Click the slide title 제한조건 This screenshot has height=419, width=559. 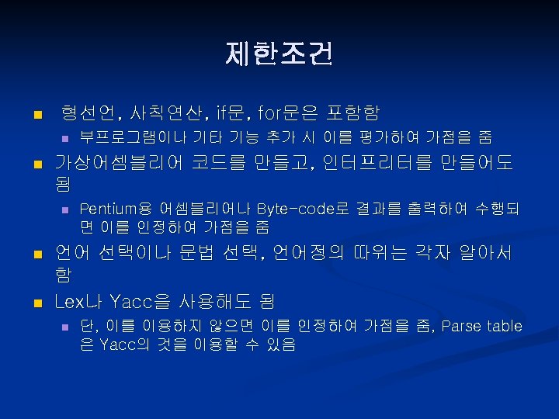[279, 54]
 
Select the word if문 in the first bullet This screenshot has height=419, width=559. [233, 113]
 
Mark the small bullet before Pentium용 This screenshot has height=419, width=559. [65, 209]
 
